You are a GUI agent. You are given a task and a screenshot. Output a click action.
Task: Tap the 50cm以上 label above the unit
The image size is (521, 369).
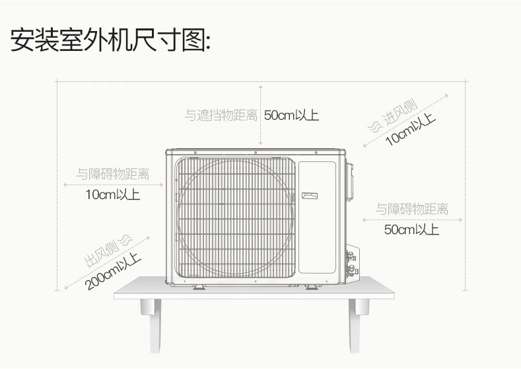291,116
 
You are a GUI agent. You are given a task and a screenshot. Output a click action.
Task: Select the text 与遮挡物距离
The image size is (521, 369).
221,116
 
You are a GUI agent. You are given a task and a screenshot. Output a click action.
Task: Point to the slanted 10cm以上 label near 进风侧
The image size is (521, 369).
410,129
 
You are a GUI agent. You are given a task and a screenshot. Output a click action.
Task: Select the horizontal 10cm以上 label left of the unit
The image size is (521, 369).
113,194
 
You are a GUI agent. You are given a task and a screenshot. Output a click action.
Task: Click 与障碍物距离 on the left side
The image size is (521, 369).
113,174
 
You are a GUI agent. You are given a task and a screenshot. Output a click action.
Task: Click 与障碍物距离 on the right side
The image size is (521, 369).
412,209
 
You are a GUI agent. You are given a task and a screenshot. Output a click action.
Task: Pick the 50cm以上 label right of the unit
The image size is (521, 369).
411,229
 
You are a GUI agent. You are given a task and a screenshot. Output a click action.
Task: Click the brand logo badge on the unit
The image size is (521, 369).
310,196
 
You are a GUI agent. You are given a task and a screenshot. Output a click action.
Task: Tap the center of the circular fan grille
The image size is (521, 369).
235,218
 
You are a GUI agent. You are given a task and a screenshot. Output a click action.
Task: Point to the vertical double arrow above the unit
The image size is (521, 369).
260,115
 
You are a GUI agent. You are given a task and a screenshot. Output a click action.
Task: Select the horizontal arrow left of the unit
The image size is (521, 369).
114,184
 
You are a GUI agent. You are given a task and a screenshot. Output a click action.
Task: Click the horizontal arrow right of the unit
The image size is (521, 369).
412,220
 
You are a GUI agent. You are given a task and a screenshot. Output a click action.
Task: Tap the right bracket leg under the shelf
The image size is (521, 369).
358,325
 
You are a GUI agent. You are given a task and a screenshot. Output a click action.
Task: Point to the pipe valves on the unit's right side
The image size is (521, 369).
351,263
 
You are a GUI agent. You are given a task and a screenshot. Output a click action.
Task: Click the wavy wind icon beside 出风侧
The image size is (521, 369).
126,240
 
